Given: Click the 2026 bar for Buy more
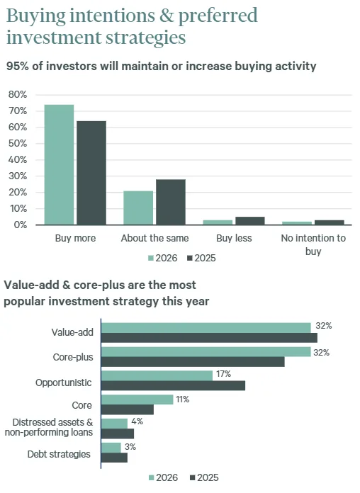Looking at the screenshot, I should (59, 165).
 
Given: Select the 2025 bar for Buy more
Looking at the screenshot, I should (91, 173).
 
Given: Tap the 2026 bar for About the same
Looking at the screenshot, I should (138, 208).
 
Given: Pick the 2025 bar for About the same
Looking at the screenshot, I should (171, 202).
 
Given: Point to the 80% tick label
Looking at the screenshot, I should (17, 95).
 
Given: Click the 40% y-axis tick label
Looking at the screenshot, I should (17, 160).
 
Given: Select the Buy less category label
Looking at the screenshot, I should (234, 239).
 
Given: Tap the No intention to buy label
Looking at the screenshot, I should (313, 244).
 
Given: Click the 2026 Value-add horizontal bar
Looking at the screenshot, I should (206, 327).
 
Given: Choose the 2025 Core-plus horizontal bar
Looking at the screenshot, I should (193, 361).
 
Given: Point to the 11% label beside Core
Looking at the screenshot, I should (182, 399).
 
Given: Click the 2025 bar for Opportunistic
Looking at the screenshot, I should (173, 385).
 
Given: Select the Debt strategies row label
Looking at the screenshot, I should (59, 454).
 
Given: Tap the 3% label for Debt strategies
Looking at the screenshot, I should (130, 447).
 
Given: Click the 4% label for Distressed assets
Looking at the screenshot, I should (137, 421).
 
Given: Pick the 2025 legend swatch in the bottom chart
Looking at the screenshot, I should (193, 479).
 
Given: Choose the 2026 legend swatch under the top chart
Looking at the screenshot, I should (152, 259).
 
